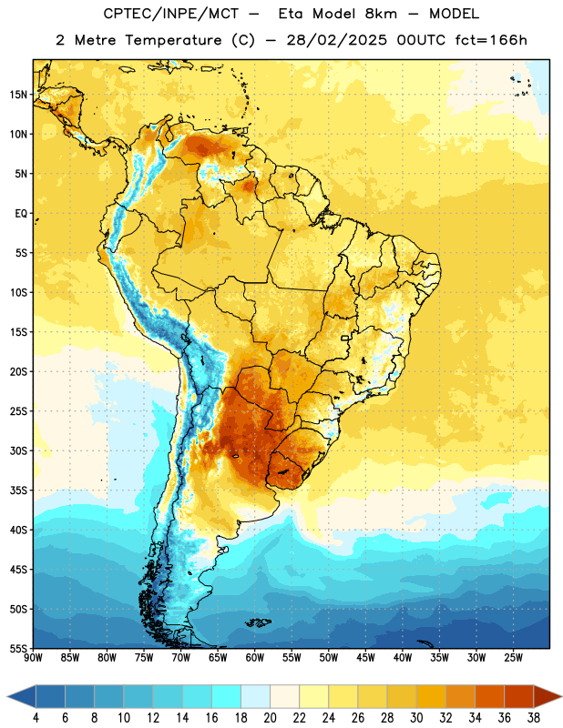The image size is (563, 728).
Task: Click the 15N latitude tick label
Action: pos(18,95)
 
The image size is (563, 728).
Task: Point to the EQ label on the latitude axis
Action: pos(21,214)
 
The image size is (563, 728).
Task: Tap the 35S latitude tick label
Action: pos(18,490)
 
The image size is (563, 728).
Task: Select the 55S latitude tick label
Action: pos(18,648)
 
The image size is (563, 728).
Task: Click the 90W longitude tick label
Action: pos(33,658)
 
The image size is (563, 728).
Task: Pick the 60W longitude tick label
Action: pos(255,658)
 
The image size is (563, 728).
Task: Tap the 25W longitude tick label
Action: pos(513,658)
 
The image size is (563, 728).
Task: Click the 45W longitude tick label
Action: pos(365,658)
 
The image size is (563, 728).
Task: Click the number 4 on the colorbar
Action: pos(36,718)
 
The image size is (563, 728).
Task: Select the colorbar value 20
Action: pos(270,718)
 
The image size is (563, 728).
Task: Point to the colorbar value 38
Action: pos(533,718)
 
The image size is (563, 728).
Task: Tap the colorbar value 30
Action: pos(416,718)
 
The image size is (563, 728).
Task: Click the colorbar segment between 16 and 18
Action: pos(226,696)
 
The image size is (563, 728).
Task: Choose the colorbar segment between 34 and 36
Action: pos(489,696)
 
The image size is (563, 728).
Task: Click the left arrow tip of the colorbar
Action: pos(7,696)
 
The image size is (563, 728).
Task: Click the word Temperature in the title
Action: pos(173,40)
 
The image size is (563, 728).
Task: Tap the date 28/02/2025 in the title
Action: pos(336,40)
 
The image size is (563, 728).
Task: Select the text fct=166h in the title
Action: pos(491,40)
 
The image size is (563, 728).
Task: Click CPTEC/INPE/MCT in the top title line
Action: pos(170,14)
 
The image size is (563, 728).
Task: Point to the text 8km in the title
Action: pos(381,14)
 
